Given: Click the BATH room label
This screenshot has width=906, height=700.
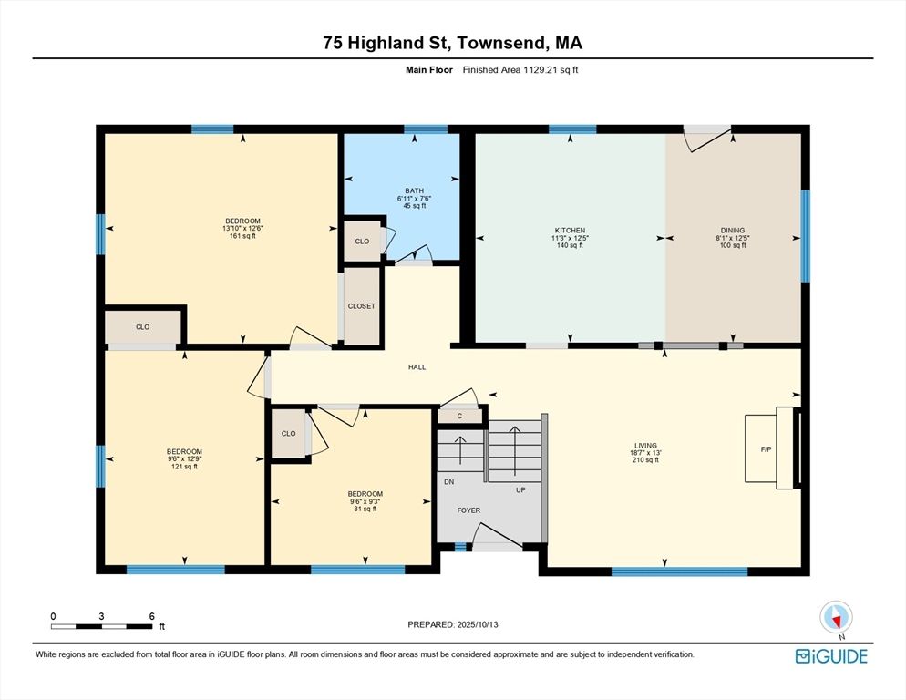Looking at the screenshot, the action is coord(415,190).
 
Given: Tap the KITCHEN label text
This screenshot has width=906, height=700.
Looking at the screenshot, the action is coord(571,230).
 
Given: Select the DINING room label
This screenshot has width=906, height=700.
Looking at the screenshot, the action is coord(733,230).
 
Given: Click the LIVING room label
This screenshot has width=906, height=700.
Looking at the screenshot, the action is coord(645,445).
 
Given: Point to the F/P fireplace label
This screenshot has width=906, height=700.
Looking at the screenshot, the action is coord(767,449).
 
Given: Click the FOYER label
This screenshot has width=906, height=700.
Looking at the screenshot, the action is coord(468,510).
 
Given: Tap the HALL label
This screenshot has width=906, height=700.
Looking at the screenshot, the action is coord(417,367).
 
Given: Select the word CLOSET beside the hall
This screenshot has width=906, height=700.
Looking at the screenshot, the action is coord(362,306).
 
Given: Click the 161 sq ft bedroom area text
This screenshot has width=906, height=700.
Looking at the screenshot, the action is coord(242,236).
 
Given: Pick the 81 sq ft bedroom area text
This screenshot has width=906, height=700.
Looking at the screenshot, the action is coord(365,509).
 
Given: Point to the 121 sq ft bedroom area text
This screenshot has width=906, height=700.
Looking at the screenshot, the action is coord(184,467).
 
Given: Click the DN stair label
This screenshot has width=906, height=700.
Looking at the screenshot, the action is coord(449,481).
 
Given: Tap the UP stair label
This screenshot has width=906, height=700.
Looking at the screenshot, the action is coord(520,489).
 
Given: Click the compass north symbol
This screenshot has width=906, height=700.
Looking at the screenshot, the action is coord(836,617).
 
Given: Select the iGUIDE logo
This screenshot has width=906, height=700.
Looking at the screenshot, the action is coord(831,656).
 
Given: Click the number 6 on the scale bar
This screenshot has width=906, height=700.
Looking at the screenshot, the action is coord(152,616).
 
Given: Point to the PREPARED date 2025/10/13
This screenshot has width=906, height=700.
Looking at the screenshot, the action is coord(478,624).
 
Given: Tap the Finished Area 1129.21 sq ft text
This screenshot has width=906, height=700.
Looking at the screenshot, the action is coord(520,70).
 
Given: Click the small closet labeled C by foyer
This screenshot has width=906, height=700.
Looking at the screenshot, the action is coord(460,416).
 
